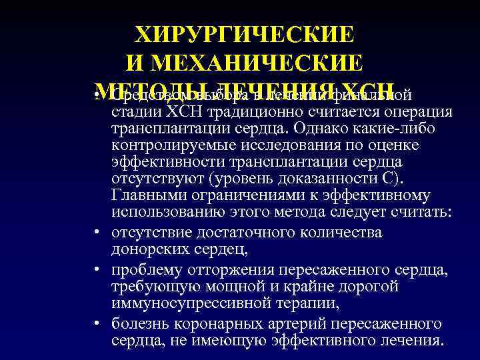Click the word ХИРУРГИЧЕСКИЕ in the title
pos(245,33)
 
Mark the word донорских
pos(151,249)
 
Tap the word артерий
pos(308,323)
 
